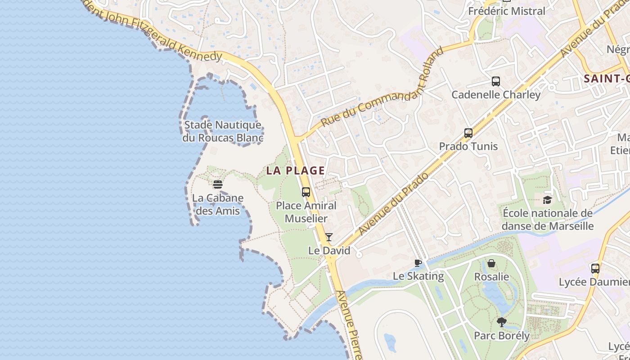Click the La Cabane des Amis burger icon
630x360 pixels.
click(218, 184)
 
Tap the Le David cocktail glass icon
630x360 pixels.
click(329, 237)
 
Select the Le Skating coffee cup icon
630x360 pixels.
click(418, 263)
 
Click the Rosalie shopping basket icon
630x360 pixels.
click(491, 263)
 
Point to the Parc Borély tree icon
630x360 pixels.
click(502, 322)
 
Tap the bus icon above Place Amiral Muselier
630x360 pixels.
click(306, 192)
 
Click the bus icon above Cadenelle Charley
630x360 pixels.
click(496, 81)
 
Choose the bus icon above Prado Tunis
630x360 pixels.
click(468, 133)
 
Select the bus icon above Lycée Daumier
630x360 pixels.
click(595, 269)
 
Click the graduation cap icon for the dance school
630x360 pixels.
click(547, 200)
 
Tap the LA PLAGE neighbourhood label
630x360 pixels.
click(295, 171)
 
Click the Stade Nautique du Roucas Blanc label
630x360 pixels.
click(223, 131)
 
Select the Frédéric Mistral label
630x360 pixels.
click(507, 11)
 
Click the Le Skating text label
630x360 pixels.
click(418, 276)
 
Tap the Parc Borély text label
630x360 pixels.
click(502, 336)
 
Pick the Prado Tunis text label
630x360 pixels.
click(468, 146)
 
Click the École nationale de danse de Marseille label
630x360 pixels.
click(547, 219)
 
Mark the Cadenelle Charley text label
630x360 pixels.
click(496, 94)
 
